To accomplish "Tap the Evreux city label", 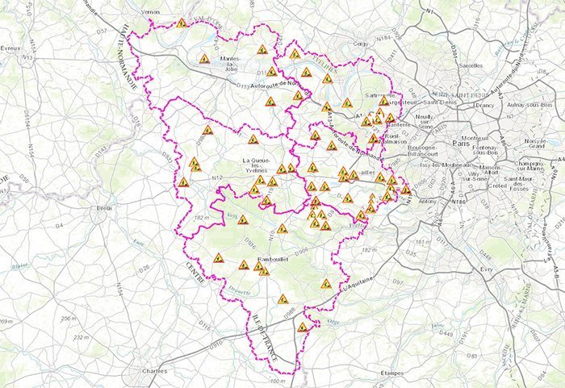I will [x=10, y=48].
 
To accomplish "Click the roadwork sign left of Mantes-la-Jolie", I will [x=205, y=59].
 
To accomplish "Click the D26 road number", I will [x=144, y=267].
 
